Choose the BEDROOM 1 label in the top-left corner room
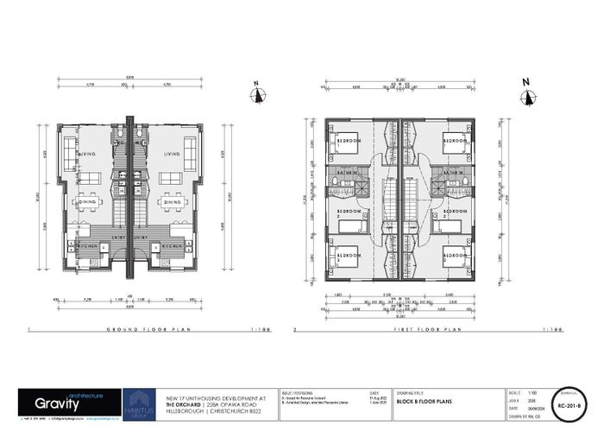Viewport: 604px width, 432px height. pyautogui.click(x=349, y=139)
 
